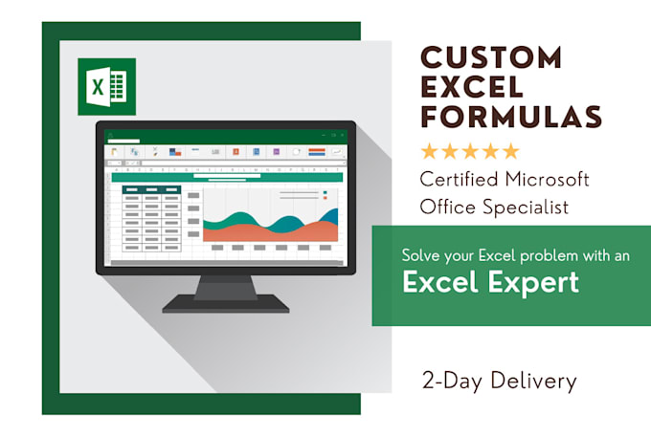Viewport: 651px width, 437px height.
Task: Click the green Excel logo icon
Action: coord(106,86)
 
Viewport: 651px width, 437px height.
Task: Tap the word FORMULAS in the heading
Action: coord(512,116)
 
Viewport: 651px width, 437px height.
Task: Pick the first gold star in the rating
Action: coord(428,151)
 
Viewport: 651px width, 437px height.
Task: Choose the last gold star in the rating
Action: coord(511,151)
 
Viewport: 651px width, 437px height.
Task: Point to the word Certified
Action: coord(460,179)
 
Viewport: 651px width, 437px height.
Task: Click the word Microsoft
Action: coord(550,179)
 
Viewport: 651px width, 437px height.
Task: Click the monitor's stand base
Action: coord(226,303)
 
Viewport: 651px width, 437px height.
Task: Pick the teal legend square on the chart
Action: coord(325,192)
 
